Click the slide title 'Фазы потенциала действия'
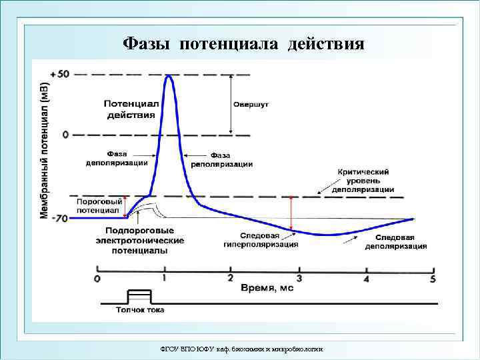point(244,45)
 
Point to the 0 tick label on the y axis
point(65,135)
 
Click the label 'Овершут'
point(251,105)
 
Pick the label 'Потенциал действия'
point(130,109)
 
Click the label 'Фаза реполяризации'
point(221,159)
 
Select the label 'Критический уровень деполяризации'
point(363,181)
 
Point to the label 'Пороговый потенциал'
point(99,205)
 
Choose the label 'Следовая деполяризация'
point(396,242)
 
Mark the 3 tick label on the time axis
point(299,278)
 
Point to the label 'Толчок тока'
point(139,309)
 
